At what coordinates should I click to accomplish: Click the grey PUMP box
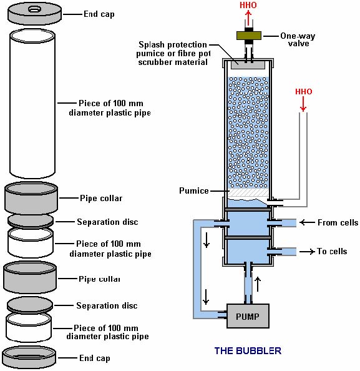[248, 316]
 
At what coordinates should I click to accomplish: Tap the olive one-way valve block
[249, 36]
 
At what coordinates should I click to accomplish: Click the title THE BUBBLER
[248, 350]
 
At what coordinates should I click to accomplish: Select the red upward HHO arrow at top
[248, 17]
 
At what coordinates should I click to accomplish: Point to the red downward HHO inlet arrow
[303, 104]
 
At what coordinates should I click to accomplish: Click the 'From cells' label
[338, 222]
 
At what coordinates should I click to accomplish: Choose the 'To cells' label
[332, 251]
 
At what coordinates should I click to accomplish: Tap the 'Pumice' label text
[194, 190]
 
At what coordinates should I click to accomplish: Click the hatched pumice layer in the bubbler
[248, 192]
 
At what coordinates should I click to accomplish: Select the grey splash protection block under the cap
[248, 65]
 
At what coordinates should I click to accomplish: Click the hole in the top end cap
[35, 9]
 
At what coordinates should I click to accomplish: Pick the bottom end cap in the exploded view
[29, 357]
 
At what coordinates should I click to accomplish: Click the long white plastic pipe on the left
[32, 104]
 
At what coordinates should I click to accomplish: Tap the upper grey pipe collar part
[31, 198]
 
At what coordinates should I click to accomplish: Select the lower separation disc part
[30, 305]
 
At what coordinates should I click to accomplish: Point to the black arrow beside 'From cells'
[307, 222]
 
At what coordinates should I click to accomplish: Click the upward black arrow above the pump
[258, 284]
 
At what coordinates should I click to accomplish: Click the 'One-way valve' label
[298, 39]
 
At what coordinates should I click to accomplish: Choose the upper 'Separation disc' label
[107, 222]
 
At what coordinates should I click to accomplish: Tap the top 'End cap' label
[99, 14]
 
